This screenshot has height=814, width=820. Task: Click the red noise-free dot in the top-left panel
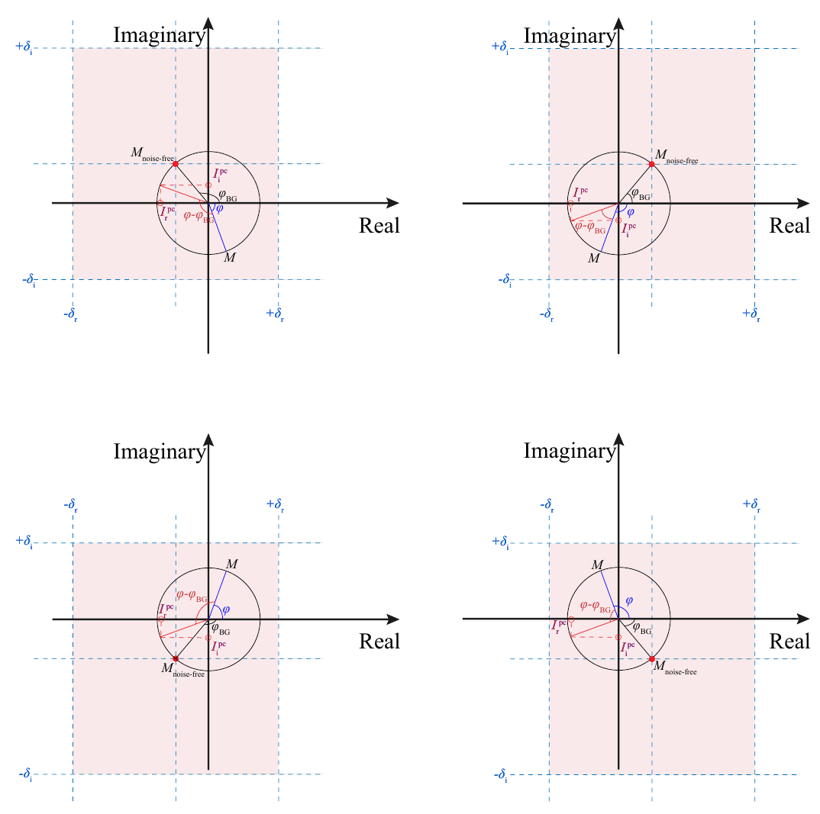[175, 164]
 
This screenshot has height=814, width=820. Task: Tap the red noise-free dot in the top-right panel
[651, 164]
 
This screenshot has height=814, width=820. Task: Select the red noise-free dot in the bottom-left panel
[176, 658]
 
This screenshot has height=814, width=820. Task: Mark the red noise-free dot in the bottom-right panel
[652, 658]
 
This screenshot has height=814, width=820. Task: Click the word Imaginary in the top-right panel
[570, 35]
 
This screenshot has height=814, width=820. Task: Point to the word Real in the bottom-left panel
[379, 642]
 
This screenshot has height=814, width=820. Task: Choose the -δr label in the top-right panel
[547, 314]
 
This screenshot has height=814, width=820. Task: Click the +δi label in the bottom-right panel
[500, 542]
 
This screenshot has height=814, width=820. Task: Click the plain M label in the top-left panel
[230, 258]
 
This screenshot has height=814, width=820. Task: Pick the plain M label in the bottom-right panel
[598, 565]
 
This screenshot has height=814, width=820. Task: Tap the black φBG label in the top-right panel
[640, 195]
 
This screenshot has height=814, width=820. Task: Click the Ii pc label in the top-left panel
[220, 175]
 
